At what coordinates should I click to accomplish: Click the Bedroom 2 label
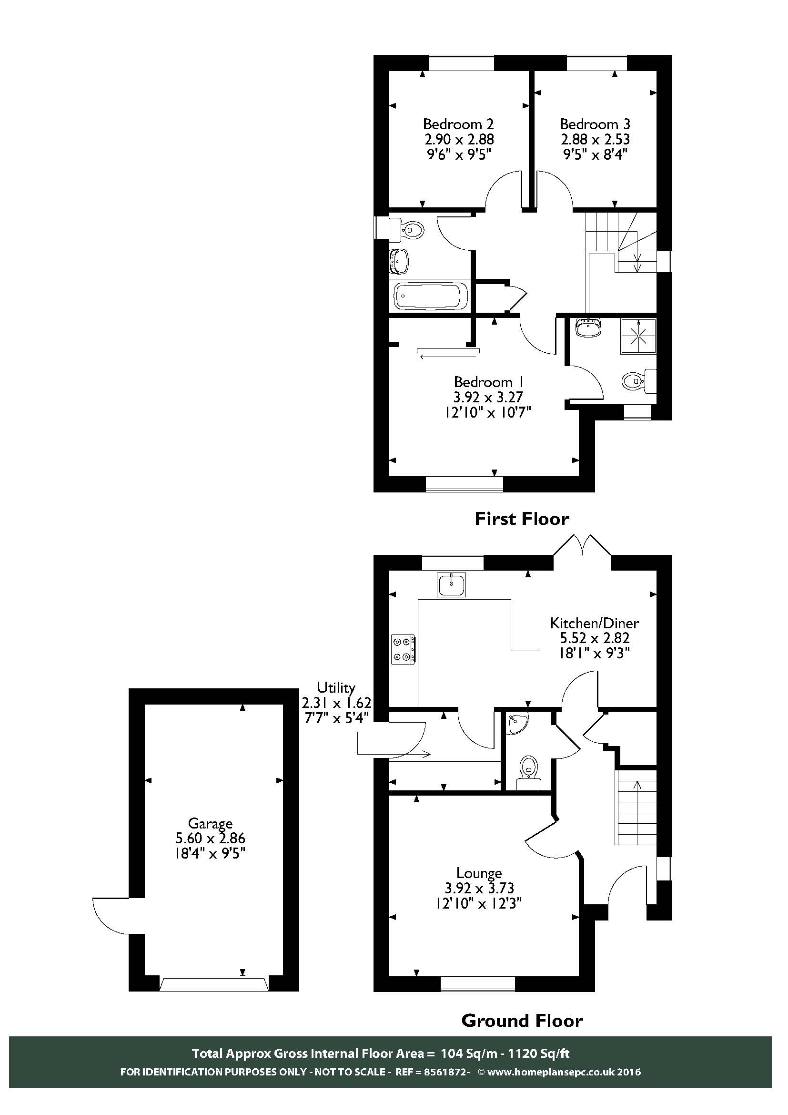(x=458, y=124)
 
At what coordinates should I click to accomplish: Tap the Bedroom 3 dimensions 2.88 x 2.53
(x=595, y=139)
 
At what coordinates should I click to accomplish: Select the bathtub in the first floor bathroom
(x=430, y=296)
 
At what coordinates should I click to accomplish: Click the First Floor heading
(x=521, y=519)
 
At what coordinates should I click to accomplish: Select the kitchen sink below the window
(x=451, y=584)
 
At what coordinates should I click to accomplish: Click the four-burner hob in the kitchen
(x=404, y=650)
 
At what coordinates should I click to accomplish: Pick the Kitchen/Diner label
(x=595, y=623)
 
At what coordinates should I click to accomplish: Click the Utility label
(x=336, y=688)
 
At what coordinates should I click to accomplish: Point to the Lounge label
(x=479, y=873)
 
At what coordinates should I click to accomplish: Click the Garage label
(x=210, y=823)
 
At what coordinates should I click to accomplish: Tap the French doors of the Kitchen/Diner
(x=582, y=545)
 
